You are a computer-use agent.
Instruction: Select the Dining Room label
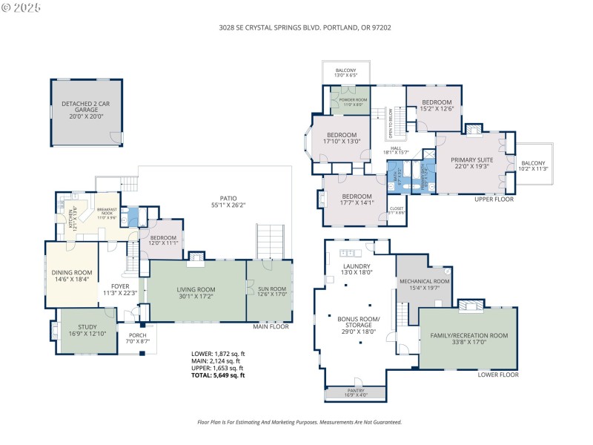tap(72, 277)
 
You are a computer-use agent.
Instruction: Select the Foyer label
tap(121, 289)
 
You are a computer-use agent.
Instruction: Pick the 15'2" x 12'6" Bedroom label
tap(437, 106)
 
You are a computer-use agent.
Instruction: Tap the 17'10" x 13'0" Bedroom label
tap(342, 138)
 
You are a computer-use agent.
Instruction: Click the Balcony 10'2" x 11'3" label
tap(534, 166)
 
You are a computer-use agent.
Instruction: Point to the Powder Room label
tap(354, 102)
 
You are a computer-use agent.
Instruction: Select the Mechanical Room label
tap(425, 285)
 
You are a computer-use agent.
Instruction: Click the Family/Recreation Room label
tap(468, 339)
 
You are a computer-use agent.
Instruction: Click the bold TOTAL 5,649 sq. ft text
tap(217, 375)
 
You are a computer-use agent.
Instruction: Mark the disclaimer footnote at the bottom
tap(299, 421)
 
